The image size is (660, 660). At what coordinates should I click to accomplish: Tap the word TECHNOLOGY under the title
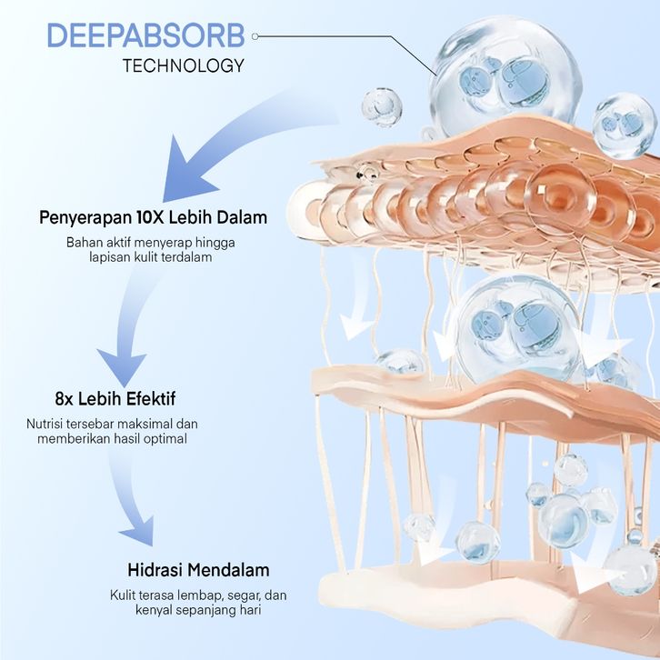[183, 65]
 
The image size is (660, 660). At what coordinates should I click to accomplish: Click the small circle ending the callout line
[255, 36]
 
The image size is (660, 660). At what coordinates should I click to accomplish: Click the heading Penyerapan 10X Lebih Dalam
[153, 217]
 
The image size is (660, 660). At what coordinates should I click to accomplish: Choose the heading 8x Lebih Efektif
[115, 398]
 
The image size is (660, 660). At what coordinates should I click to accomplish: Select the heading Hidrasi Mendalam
[198, 570]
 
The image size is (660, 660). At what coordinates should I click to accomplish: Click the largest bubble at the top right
[504, 74]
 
